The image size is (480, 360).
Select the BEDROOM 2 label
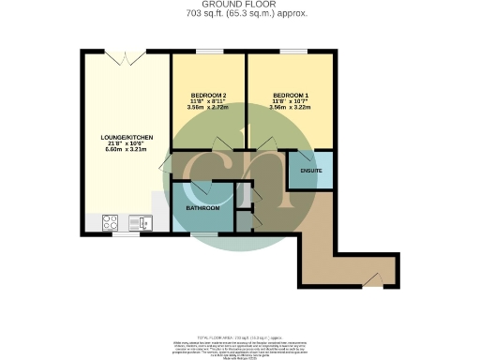click(x=208, y=95)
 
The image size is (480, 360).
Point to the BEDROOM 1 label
click(x=289, y=95)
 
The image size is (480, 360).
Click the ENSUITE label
click(x=310, y=171)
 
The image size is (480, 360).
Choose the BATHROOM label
click(x=202, y=207)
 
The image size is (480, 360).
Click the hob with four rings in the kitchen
click(x=110, y=223)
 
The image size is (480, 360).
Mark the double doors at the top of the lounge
click(x=120, y=56)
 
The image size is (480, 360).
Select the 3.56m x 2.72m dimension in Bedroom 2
click(x=208, y=108)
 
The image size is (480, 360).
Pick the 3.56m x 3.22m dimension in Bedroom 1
click(x=289, y=108)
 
